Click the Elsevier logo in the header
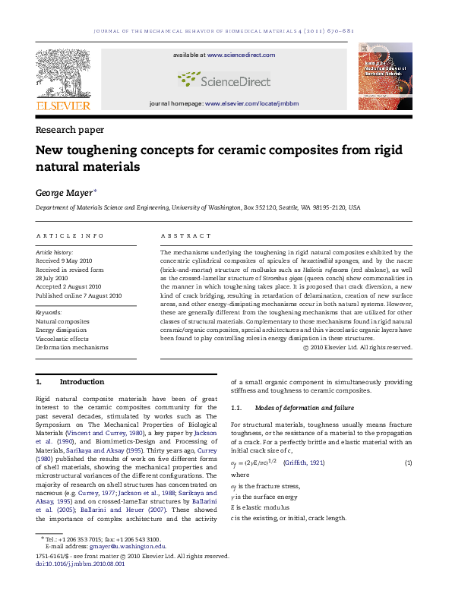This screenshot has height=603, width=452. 62,77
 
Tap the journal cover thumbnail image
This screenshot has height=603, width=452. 384,77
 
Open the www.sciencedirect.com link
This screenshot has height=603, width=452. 241,55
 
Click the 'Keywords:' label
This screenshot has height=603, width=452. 49,312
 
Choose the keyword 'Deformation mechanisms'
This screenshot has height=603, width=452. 72,347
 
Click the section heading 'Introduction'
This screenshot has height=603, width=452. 81,381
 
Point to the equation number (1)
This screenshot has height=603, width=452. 408,463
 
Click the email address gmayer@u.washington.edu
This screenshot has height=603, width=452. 128,546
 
